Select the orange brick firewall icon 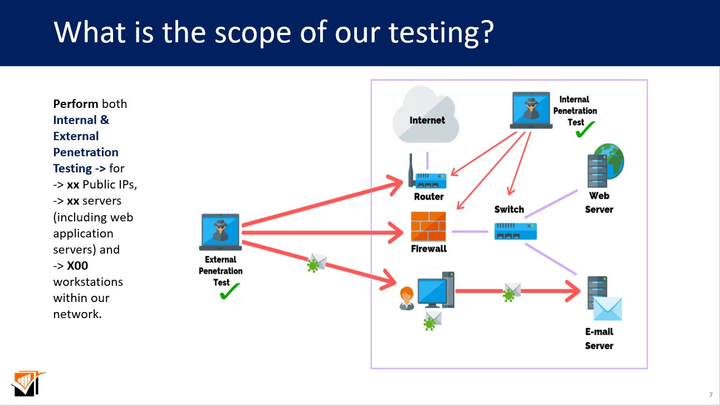pyautogui.click(x=428, y=226)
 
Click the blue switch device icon pyautogui.click(x=515, y=231)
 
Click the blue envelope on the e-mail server pyautogui.click(x=607, y=309)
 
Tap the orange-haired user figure pyautogui.click(x=406, y=298)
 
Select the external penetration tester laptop pyautogui.click(x=221, y=232)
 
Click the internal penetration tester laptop pyautogui.click(x=531, y=110)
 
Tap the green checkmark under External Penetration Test pyautogui.click(x=229, y=291)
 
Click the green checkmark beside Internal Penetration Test pyautogui.click(x=585, y=130)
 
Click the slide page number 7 pyautogui.click(x=711, y=395)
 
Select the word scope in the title pyautogui.click(x=252, y=32)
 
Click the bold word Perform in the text pyautogui.click(x=76, y=104)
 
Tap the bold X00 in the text pyautogui.click(x=77, y=266)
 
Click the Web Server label pyautogui.click(x=599, y=202)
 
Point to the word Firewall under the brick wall pyautogui.click(x=429, y=249)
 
